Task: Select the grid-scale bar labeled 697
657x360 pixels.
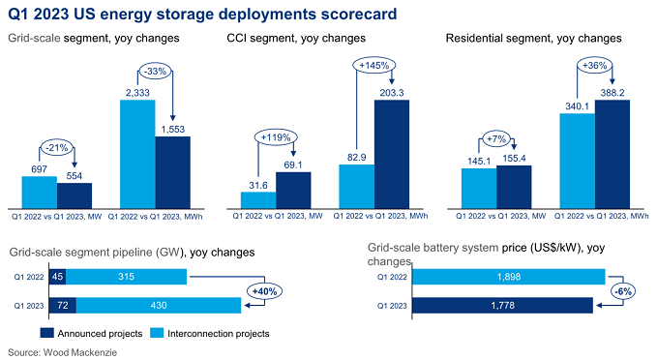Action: pyautogui.click(x=40, y=192)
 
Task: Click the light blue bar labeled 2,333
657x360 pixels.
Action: pyautogui.click(x=137, y=140)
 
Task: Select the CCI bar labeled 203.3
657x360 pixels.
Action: pyautogui.click(x=392, y=140)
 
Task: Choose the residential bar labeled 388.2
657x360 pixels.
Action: pyautogui.click(x=612, y=140)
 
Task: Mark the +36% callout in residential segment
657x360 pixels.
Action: pyautogui.click(x=595, y=65)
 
